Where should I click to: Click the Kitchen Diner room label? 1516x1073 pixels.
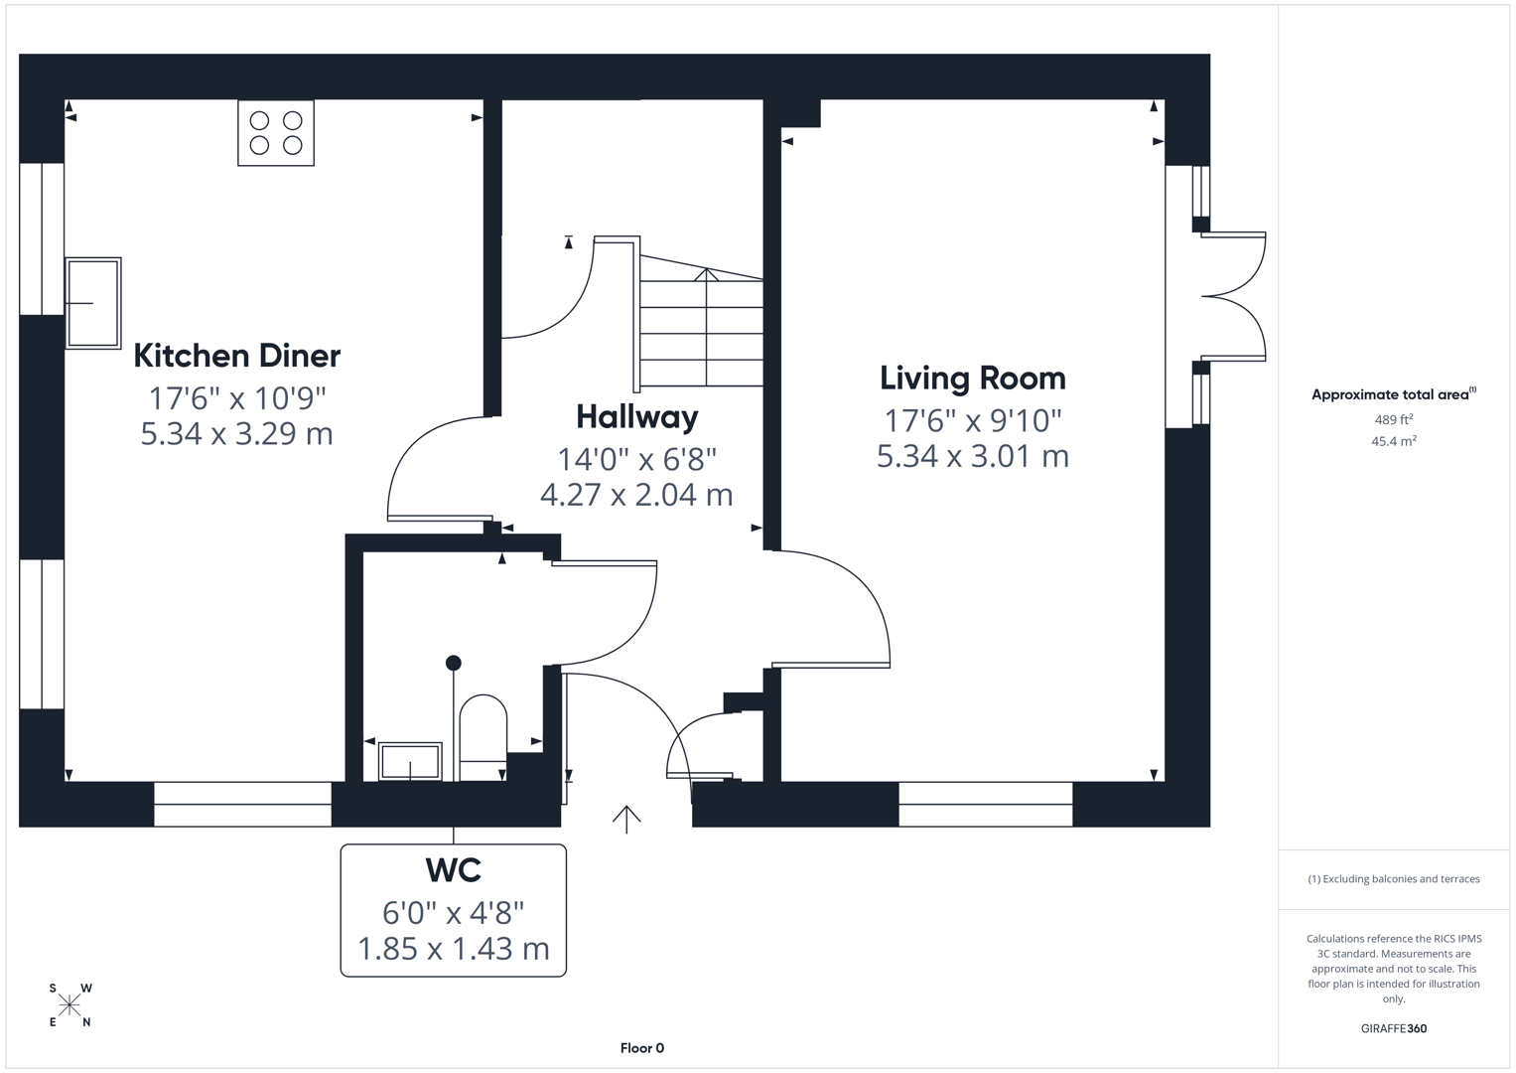(x=237, y=356)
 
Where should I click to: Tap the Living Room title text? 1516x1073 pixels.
(x=972, y=378)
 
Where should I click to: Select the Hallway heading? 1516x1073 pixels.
(x=636, y=416)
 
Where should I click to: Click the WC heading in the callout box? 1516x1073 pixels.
(x=454, y=870)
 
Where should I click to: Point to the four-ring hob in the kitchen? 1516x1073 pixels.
(x=276, y=133)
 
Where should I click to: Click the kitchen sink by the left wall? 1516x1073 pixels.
(x=93, y=303)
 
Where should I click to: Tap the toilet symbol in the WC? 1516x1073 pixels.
(x=483, y=736)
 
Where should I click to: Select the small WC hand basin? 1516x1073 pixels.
(x=410, y=762)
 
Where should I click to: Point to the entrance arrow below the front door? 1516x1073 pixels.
(x=626, y=818)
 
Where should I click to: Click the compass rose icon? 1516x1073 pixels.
(x=69, y=1005)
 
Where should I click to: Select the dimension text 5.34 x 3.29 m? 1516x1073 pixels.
(x=236, y=434)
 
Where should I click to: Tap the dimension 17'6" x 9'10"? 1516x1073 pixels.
(x=973, y=420)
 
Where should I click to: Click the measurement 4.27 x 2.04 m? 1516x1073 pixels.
(x=636, y=495)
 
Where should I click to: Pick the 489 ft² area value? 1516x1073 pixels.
(x=1393, y=419)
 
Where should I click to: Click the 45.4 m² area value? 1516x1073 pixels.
(x=1393, y=441)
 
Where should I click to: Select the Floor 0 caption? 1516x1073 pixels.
(x=641, y=1048)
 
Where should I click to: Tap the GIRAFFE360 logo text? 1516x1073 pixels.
(x=1393, y=1028)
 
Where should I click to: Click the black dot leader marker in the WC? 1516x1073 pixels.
(x=454, y=663)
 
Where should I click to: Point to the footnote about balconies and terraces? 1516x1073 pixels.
(x=1393, y=879)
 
